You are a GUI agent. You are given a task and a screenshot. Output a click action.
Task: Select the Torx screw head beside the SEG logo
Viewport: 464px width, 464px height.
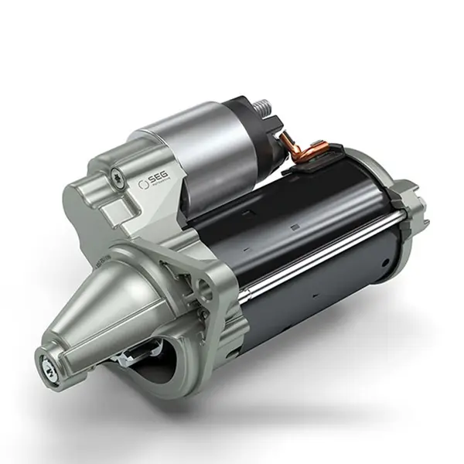coord(116,174)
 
